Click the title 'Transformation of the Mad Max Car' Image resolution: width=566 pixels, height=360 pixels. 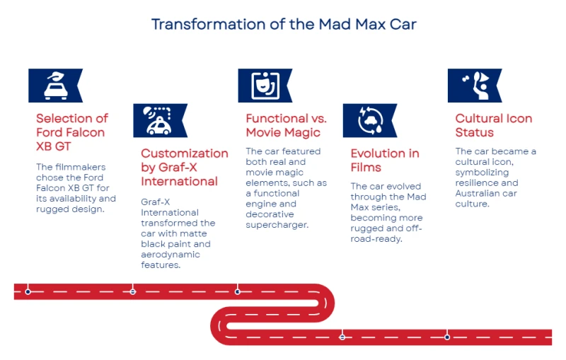pyautogui.click(x=284, y=25)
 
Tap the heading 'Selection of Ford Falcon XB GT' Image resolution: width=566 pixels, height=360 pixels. pyautogui.click(x=72, y=132)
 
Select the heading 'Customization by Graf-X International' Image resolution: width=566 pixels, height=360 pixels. pyautogui.click(x=185, y=167)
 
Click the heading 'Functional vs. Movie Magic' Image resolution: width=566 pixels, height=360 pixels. pyautogui.click(x=286, y=125)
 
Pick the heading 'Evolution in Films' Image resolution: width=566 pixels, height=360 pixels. pyautogui.click(x=385, y=160)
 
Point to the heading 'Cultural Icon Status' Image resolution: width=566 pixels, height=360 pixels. pyautogui.click(x=493, y=125)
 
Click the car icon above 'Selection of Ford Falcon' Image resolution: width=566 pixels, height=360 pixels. pyautogui.click(x=56, y=86)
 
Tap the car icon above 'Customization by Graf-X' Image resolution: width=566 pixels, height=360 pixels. pyautogui.click(x=158, y=120)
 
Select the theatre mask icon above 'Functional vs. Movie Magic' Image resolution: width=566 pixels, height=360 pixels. pyautogui.click(x=265, y=86)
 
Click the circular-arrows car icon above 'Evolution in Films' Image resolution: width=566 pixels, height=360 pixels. pyautogui.click(x=370, y=120)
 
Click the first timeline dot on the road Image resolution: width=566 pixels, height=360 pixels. pyautogui.click(x=28, y=291)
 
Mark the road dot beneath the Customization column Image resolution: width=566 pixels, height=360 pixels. pyautogui.click(x=133, y=291)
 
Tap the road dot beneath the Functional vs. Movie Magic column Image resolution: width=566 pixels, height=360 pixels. pyautogui.click(x=238, y=291)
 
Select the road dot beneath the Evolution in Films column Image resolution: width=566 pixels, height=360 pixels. pyautogui.click(x=342, y=337)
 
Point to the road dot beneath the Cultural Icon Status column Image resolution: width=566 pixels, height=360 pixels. pyautogui.click(x=447, y=337)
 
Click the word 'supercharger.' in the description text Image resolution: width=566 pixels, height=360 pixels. pyautogui.click(x=277, y=225)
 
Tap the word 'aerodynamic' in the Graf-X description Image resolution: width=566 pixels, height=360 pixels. pyautogui.click(x=171, y=255)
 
